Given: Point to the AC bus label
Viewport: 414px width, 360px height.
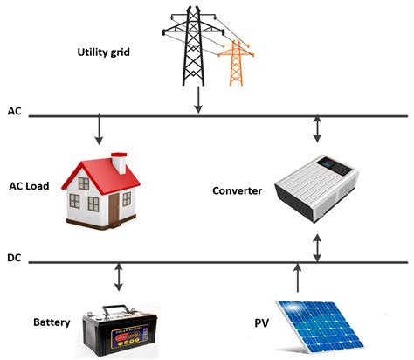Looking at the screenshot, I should pos(14,113).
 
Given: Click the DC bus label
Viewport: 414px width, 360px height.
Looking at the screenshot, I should pos(14,259).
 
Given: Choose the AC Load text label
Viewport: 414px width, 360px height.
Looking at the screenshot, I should pos(29,186).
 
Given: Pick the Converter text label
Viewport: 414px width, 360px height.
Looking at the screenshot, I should pos(237,190).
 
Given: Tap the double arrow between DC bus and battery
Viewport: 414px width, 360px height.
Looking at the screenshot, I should pos(118,278).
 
